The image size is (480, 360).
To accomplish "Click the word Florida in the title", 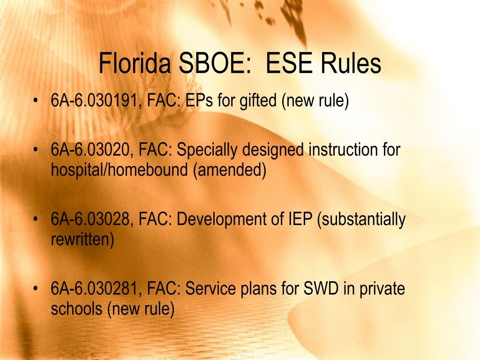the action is click(134, 63).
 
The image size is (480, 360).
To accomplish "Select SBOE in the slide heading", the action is click(215, 63).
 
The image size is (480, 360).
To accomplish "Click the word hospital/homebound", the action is click(119, 170).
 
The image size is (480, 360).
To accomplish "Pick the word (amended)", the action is click(230, 170).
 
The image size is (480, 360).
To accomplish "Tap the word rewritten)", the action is click(82, 240).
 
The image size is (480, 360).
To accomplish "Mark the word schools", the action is click(76, 308).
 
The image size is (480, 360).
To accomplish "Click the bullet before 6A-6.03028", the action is click(36, 219).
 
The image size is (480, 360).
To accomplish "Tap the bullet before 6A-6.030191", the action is click(36, 100).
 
